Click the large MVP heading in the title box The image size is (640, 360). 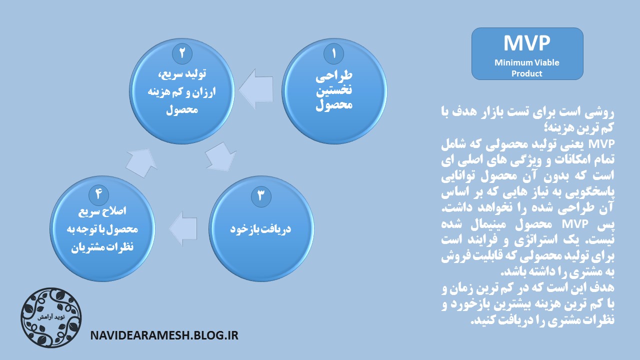coord(526,43)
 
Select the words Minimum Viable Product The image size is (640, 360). coord(527,68)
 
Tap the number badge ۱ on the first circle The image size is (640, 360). coord(333,53)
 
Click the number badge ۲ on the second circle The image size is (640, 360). coord(182,53)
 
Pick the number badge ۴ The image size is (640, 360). coord(99,194)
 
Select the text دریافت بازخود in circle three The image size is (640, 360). coord(260,229)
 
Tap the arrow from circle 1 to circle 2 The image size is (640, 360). coord(256,89)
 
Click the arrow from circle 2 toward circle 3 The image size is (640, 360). coord(221,156)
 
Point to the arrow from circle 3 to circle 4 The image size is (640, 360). coord(183,228)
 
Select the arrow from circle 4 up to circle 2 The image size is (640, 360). coord(141,163)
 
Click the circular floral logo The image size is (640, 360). coord(51,317)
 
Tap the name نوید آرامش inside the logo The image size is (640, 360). coord(51,317)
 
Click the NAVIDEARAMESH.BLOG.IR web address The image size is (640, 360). coord(164,335)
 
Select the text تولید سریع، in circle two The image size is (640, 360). coord(182,74)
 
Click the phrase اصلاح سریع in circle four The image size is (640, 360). coord(102,211)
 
